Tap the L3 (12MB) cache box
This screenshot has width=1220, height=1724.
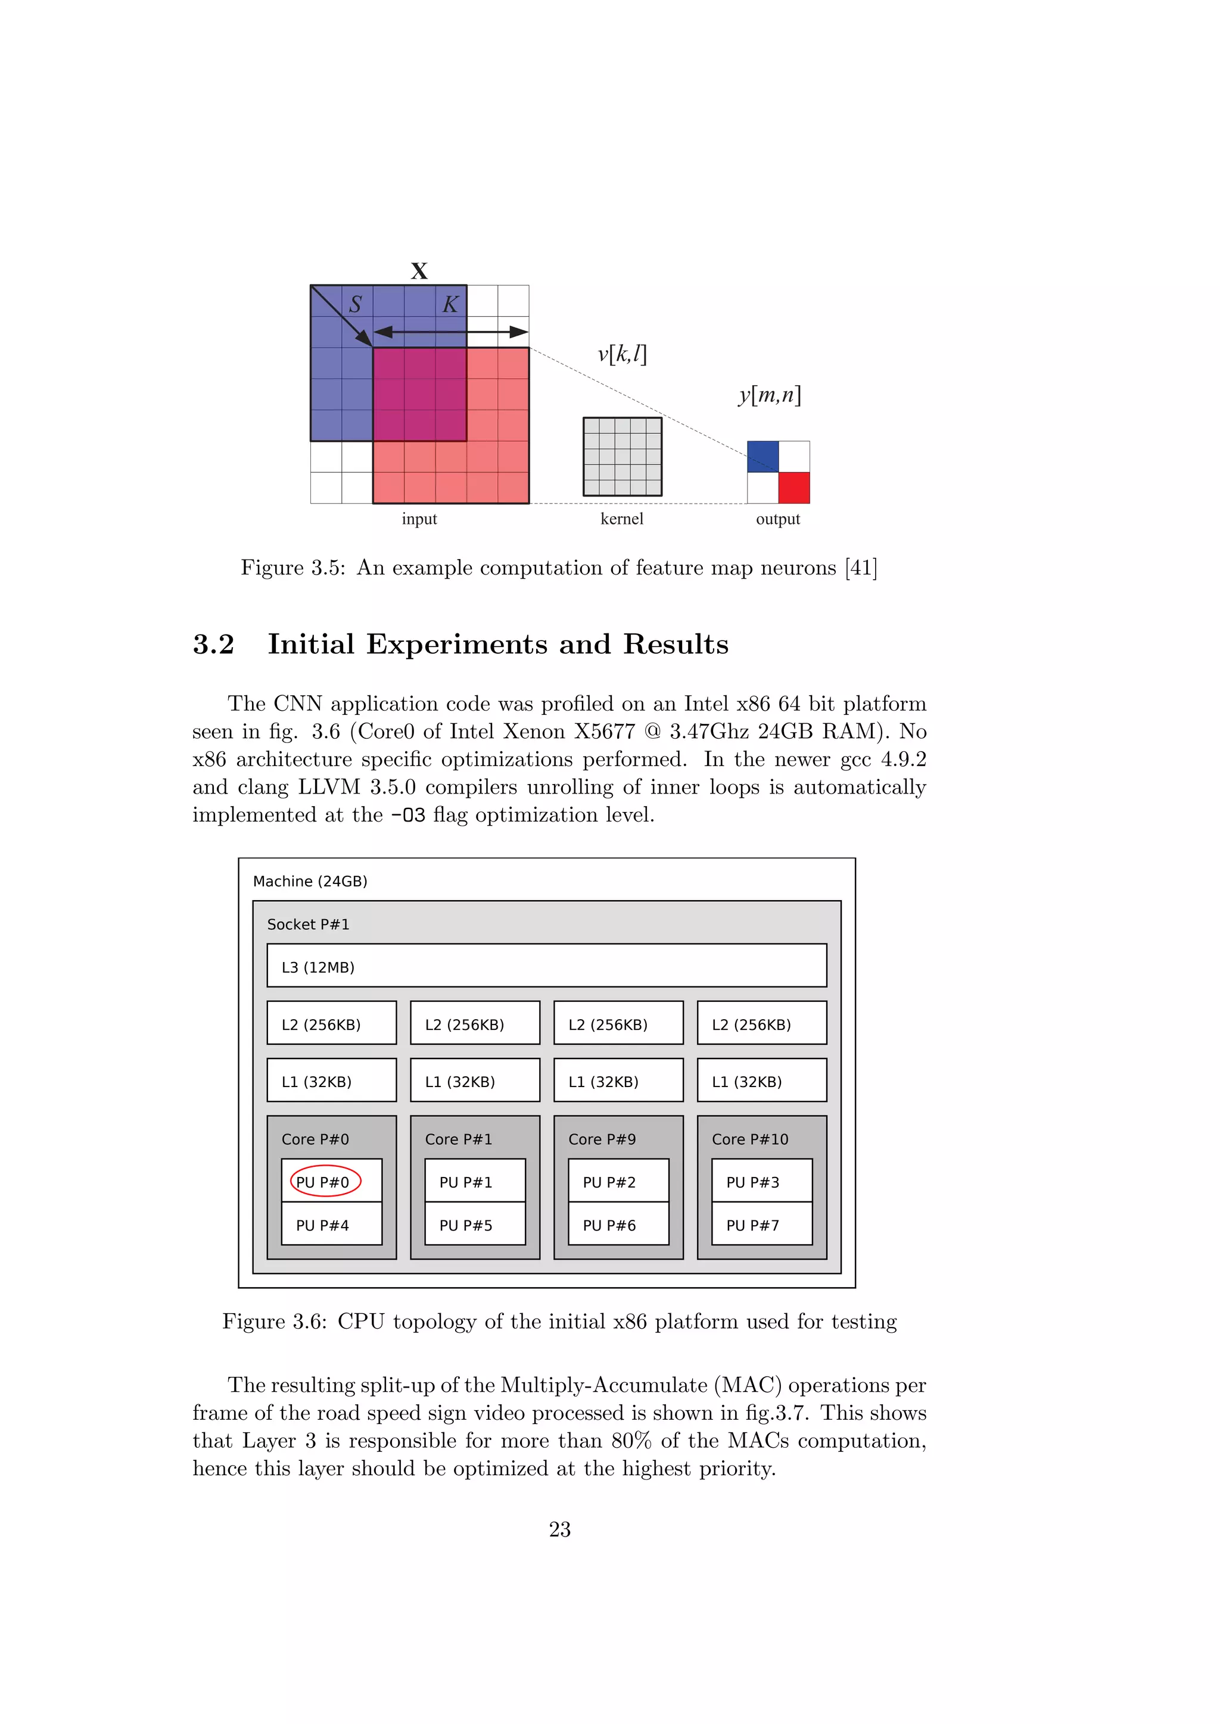[546, 966]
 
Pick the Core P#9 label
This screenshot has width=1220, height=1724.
[602, 1139]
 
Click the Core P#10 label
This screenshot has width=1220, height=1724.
[750, 1139]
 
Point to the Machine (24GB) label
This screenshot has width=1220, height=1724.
[310, 881]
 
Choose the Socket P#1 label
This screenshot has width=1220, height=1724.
[308, 925]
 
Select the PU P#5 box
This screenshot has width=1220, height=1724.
[474, 1225]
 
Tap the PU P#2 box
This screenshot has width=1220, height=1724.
[618, 1182]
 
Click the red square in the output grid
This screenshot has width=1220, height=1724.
[794, 488]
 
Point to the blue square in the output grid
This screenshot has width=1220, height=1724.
[762, 457]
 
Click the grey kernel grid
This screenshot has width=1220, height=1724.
[622, 457]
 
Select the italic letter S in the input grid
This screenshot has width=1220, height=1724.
[355, 304]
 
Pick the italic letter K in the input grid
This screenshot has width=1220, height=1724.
[450, 304]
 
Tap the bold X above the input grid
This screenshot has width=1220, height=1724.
[419, 271]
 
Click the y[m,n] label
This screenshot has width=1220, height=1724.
[769, 395]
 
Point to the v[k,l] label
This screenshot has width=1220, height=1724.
[622, 354]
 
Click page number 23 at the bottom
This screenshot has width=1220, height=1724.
[560, 1529]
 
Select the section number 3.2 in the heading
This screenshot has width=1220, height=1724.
[213, 644]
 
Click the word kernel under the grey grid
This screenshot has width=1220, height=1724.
[622, 519]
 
